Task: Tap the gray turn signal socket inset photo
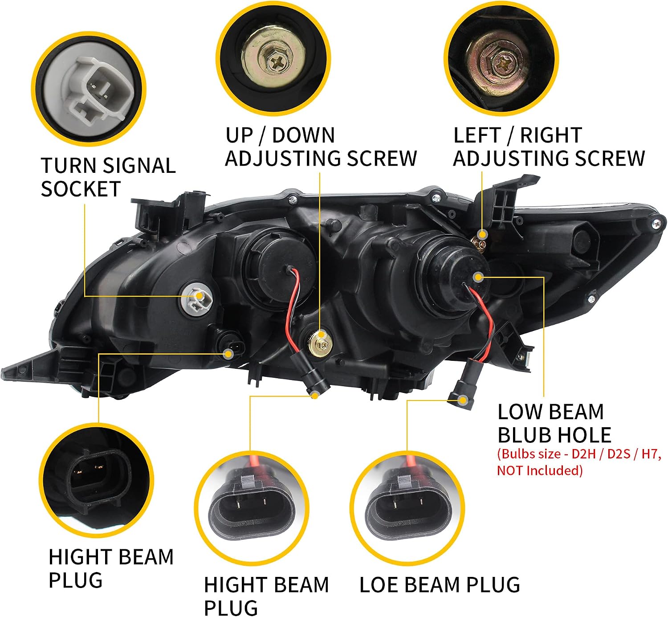tap(89, 89)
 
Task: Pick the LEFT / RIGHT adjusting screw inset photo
tap(501, 58)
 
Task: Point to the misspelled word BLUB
tap(525, 435)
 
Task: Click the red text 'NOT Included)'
tap(539, 470)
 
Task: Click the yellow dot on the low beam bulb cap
tap(478, 278)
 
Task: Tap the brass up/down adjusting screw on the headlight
tap(321, 343)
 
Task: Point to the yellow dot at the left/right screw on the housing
tap(483, 234)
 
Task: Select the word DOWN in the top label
tap(303, 135)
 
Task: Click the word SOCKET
tap(81, 188)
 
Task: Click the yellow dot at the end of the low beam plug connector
tap(463, 400)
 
